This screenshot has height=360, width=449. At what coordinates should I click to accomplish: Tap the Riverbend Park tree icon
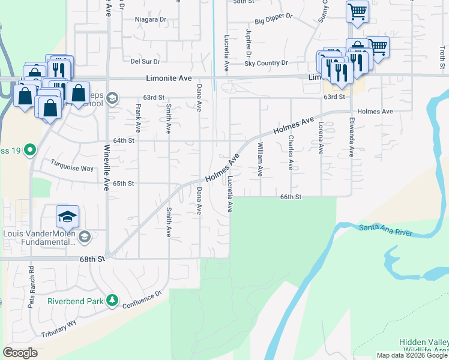[x=112, y=299]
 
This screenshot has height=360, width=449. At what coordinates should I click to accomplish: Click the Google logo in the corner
[x=20, y=353]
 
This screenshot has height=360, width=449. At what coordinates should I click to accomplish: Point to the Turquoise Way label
[x=72, y=165]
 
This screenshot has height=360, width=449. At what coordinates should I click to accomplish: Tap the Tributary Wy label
[x=59, y=328]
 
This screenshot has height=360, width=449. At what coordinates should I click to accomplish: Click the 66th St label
[x=290, y=197]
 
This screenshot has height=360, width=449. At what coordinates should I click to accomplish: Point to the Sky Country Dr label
[x=266, y=62]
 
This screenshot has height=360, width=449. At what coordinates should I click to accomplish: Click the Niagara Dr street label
[x=151, y=19]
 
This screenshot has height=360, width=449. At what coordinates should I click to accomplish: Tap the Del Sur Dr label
[x=145, y=61]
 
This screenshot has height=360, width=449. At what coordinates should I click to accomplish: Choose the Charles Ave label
[x=291, y=152]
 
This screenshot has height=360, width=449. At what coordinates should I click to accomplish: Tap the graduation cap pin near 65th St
[x=68, y=217]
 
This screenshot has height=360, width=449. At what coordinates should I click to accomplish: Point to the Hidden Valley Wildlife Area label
[x=424, y=347]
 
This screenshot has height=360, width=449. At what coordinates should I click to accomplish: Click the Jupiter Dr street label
[x=248, y=43]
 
